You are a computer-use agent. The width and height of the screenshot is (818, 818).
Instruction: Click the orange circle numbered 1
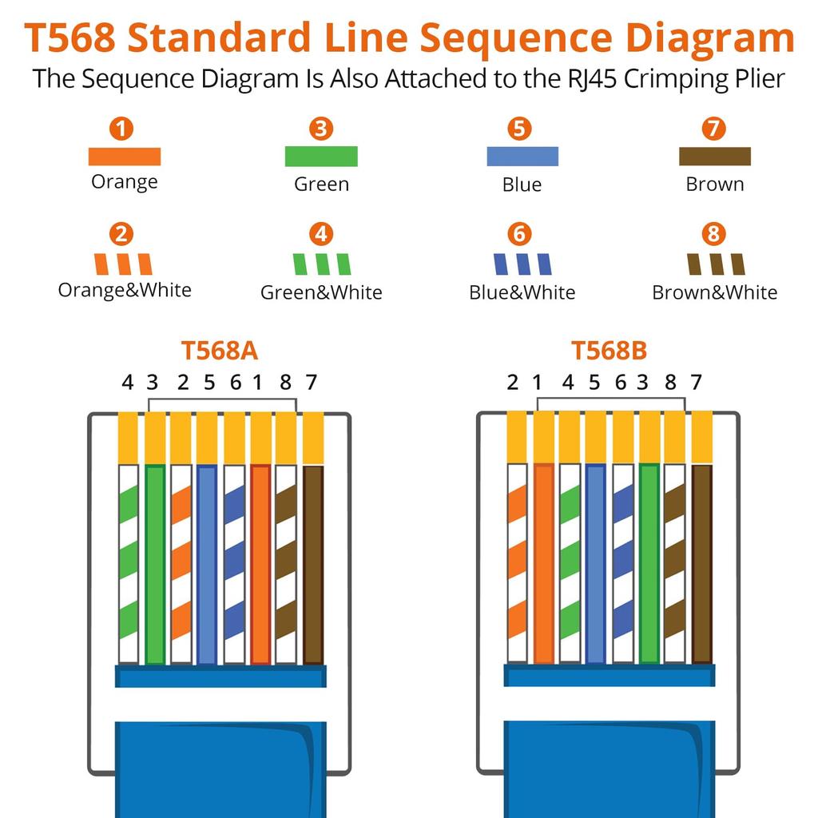click(121, 129)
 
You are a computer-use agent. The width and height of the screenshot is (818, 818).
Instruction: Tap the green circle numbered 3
click(321, 129)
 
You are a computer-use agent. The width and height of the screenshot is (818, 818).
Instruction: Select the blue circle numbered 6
click(519, 234)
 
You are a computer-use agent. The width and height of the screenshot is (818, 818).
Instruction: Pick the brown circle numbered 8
click(713, 234)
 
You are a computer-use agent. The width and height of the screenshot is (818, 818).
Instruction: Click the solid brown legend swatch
click(715, 157)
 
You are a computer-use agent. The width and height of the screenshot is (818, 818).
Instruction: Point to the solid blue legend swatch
click(522, 157)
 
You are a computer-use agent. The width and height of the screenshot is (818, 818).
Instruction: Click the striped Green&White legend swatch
click(321, 264)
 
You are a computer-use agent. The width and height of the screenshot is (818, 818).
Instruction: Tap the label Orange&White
click(125, 289)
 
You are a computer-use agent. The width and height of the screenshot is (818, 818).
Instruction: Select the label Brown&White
click(714, 292)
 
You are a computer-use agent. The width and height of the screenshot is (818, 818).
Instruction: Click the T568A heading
click(219, 351)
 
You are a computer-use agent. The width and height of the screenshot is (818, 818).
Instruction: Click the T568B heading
click(609, 351)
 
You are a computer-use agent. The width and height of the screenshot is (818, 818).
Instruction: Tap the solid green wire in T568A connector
click(155, 564)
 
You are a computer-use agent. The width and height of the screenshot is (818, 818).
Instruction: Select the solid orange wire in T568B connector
click(544, 564)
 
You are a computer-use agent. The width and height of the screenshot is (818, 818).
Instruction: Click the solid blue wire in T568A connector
click(207, 564)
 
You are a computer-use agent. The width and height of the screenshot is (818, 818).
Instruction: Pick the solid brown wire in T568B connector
click(701, 564)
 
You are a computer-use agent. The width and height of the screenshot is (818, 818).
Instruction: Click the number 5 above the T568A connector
click(209, 383)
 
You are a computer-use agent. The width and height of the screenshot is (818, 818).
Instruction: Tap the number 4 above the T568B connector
click(568, 383)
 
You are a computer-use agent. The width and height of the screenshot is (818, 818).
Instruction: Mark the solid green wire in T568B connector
click(649, 564)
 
